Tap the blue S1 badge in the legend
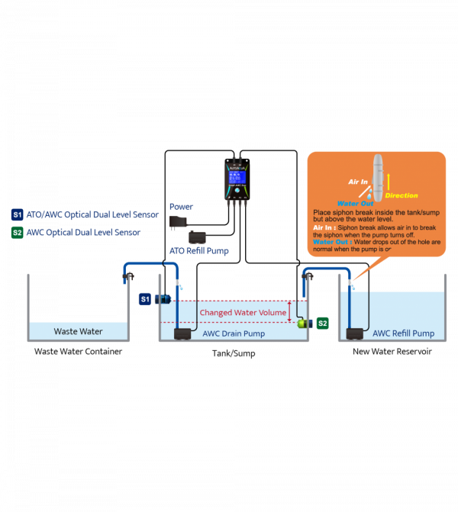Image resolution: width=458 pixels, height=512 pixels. point(18,215)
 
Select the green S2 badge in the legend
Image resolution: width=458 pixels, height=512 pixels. point(18,232)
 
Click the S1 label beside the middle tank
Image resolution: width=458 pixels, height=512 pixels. point(145,299)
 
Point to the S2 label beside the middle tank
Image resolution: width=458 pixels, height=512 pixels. point(322,324)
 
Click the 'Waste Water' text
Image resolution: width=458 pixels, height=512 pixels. point(78,332)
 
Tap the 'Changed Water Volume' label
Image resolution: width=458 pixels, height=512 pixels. point(243,313)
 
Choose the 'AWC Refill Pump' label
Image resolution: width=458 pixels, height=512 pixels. point(403,333)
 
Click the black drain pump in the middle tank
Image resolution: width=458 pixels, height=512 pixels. point(183,333)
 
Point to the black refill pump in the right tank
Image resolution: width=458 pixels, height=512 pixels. point(355,333)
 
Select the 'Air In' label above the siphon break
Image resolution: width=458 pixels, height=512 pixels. point(358,182)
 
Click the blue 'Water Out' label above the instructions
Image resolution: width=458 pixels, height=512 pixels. point(355,204)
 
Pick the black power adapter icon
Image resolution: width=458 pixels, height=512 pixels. point(178,221)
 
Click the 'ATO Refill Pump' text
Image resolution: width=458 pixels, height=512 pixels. point(198,251)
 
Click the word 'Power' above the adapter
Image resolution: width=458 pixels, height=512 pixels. point(181,207)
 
